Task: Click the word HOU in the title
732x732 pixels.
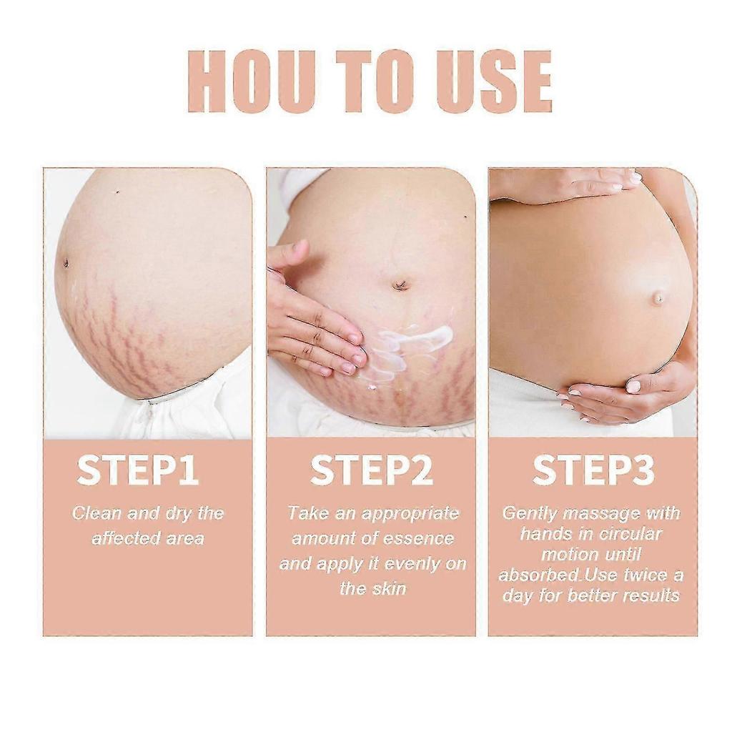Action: pyautogui.click(x=248, y=81)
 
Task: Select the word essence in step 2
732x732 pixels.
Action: pyautogui.click(x=419, y=538)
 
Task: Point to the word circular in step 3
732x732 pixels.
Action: pyautogui.click(x=631, y=533)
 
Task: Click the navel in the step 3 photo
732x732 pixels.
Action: pyautogui.click(x=658, y=298)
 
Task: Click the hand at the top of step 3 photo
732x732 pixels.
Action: pyautogui.click(x=572, y=184)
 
